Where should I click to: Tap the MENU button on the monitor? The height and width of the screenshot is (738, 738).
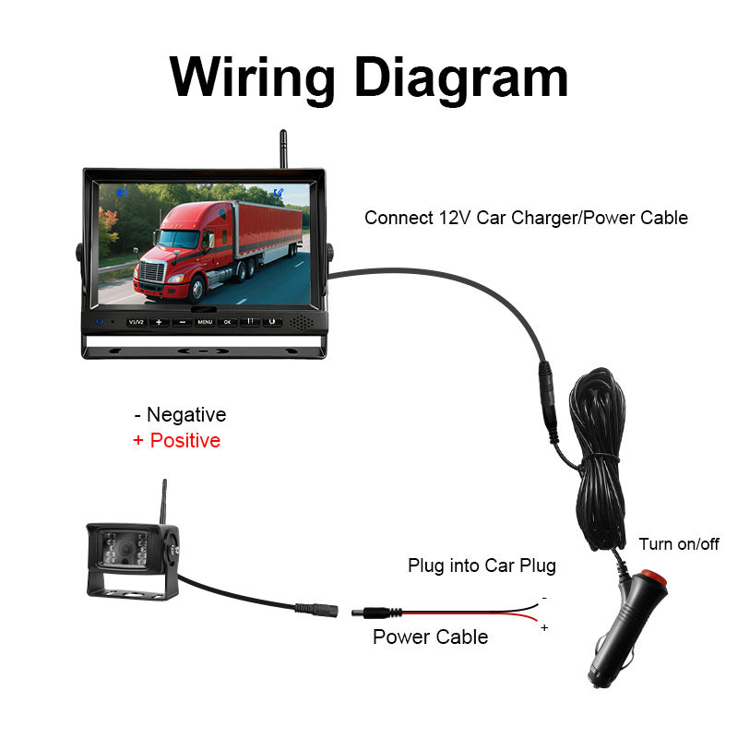[x=204, y=322]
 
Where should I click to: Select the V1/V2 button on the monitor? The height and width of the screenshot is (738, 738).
[x=137, y=322]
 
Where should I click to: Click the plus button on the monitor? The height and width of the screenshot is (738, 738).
[x=159, y=322]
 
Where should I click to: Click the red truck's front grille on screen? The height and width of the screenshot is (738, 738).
[x=150, y=271]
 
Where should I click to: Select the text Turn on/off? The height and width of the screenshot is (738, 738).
[x=678, y=544]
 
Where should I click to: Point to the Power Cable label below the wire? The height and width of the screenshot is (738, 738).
[x=430, y=637]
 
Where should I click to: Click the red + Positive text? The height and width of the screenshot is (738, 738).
[x=176, y=440]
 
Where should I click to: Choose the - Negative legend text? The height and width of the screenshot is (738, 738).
[x=180, y=415]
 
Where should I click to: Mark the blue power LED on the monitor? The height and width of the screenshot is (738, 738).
[x=99, y=322]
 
